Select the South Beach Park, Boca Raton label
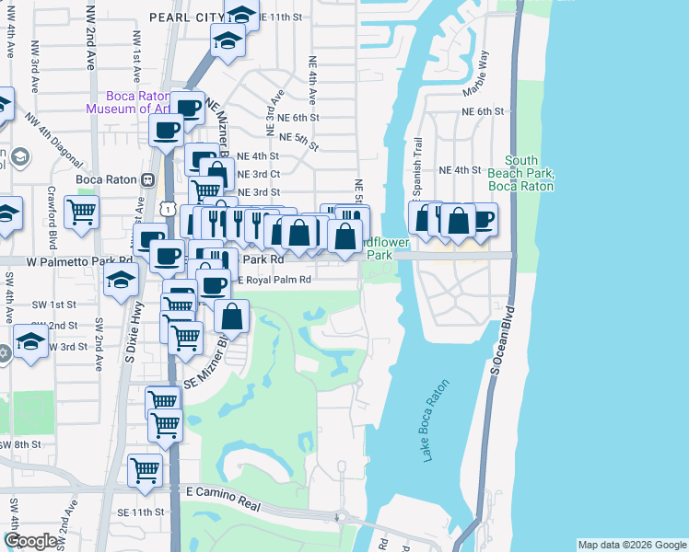(x=528, y=173)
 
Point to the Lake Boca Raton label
(x=437, y=421)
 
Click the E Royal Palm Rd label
(x=276, y=280)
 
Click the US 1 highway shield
(x=167, y=210)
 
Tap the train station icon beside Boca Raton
(x=146, y=179)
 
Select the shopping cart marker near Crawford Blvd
(x=82, y=211)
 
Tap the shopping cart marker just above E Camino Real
(x=145, y=469)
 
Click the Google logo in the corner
(x=30, y=541)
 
